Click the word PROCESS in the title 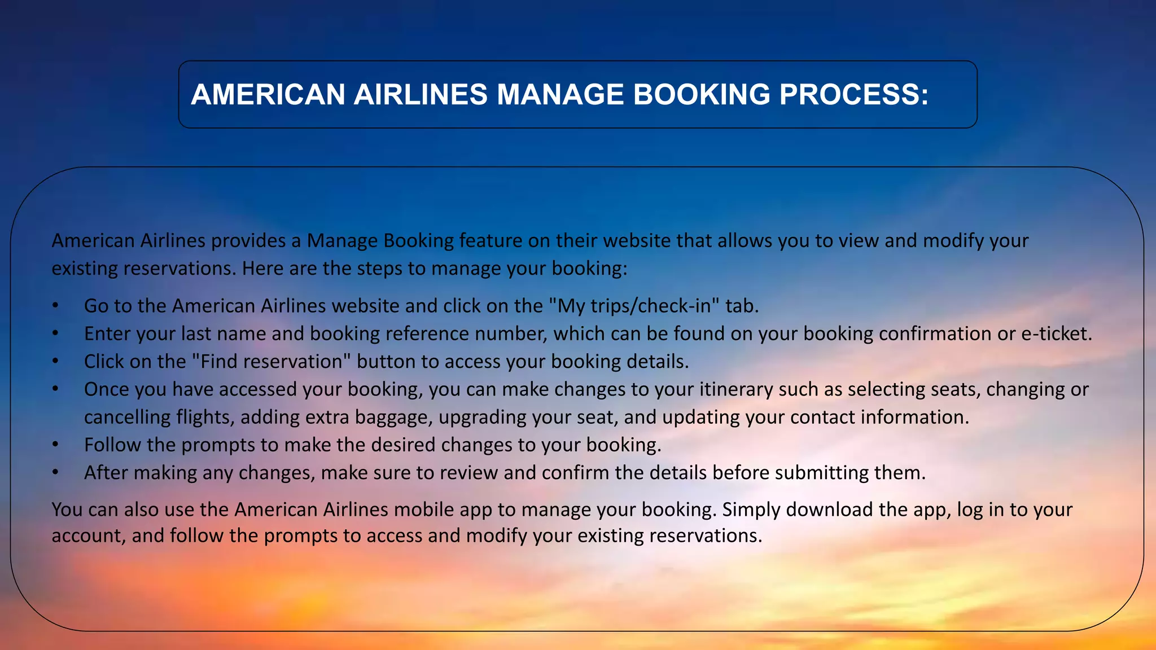(853, 94)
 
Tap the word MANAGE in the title (560, 94)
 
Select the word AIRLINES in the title (421, 94)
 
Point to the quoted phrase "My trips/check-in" (634, 306)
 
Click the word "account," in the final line (89, 535)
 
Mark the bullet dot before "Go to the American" (55, 306)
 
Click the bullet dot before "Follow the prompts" (55, 445)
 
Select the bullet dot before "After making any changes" (55, 472)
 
